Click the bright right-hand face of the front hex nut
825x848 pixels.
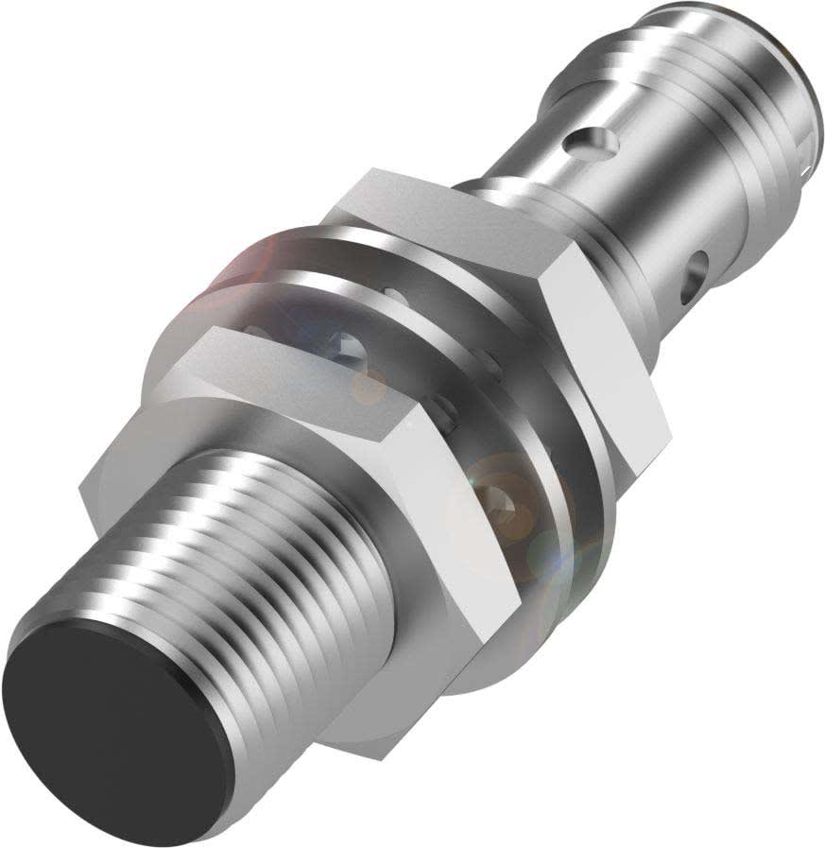coord(473,529)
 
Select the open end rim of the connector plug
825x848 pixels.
coord(803,104)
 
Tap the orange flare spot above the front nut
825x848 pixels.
coord(369,383)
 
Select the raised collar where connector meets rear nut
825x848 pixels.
coord(501,203)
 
